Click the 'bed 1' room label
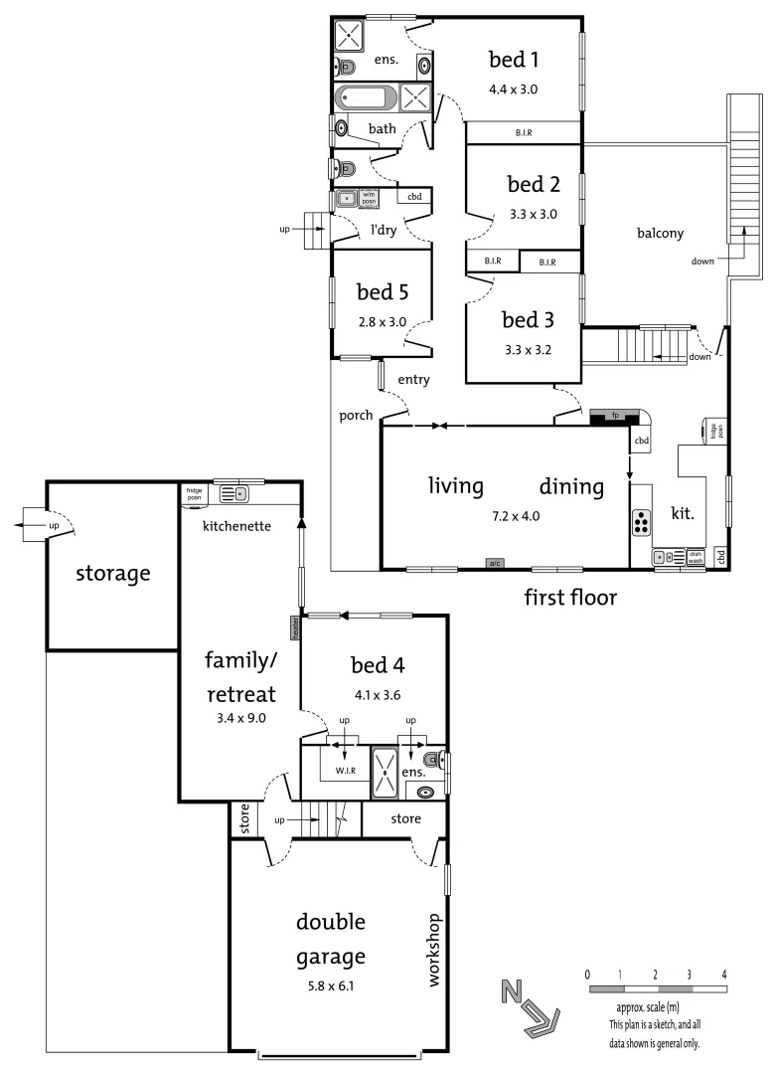click(x=513, y=60)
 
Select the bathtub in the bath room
click(x=366, y=97)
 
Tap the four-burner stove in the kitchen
click(x=641, y=521)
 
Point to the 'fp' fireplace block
click(x=616, y=414)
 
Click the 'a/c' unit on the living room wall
click(x=494, y=564)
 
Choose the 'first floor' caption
click(x=570, y=598)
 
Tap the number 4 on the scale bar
click(x=724, y=974)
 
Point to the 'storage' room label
click(x=113, y=574)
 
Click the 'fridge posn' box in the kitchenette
click(x=193, y=492)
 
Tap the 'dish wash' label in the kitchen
click(x=696, y=557)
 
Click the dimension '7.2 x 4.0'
click(x=516, y=516)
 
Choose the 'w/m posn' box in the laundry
click(x=369, y=198)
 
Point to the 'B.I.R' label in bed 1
click(x=523, y=132)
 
